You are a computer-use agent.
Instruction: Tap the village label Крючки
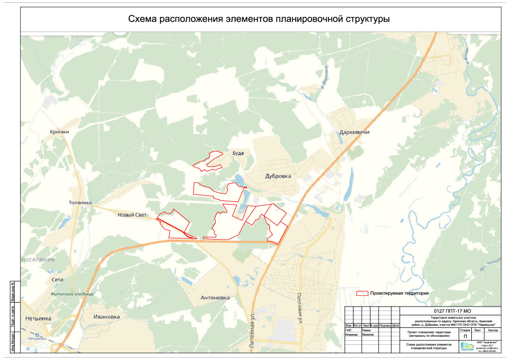59,132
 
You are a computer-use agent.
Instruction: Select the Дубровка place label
278,176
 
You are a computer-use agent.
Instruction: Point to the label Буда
238,153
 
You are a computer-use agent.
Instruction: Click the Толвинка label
80,202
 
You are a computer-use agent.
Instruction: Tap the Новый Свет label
132,215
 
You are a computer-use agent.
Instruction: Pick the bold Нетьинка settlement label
38,318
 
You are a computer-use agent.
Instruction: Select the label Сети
57,280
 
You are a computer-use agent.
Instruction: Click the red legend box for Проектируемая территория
363,294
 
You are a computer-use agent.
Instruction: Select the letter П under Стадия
465,336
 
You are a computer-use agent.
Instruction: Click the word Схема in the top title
144,19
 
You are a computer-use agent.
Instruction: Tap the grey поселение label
38,259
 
